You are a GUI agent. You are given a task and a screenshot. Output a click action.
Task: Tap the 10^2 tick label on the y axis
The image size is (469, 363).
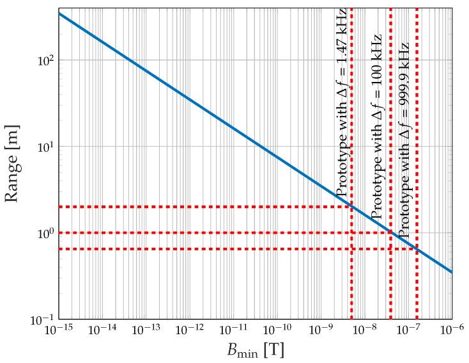[41, 60]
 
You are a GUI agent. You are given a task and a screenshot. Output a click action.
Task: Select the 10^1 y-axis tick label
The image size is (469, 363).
[41, 147]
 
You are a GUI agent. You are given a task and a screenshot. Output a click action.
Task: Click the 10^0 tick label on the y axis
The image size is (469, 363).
[41, 233]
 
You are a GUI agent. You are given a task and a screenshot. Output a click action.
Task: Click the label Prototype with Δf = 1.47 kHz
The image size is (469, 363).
[342, 102]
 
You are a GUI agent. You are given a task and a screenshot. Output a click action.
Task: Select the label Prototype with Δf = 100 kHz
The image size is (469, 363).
[377, 126]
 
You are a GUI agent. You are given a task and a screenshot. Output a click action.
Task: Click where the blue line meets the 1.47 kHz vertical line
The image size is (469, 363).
[351, 207]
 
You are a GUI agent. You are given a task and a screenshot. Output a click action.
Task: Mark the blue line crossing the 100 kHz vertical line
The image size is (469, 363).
[390, 232]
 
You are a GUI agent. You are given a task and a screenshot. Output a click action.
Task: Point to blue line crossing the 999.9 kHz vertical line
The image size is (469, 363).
[417, 249]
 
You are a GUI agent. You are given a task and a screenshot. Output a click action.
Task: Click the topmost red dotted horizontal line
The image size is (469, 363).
[192, 207]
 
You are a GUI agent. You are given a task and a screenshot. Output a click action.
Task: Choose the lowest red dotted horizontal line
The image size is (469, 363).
[192, 249]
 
